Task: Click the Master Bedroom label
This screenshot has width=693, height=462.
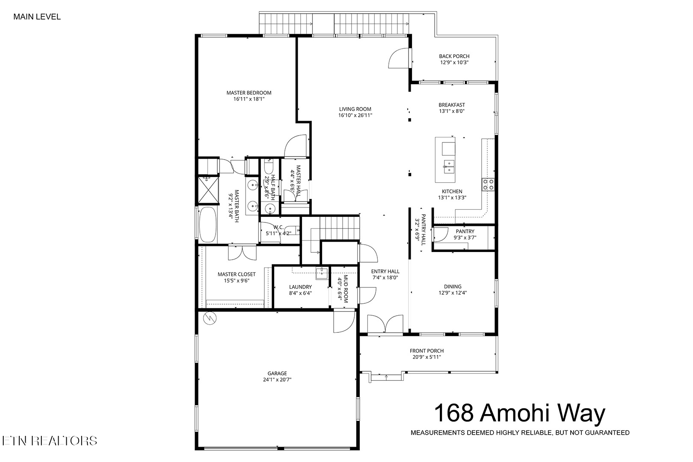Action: (x=249, y=93)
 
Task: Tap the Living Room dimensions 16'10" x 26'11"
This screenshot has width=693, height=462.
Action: (x=355, y=115)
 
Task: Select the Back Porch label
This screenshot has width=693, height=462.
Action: (x=454, y=56)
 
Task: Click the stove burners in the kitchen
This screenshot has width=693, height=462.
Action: (x=489, y=184)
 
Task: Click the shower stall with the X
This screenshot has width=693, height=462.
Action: (x=207, y=189)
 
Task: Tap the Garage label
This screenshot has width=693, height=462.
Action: (x=278, y=373)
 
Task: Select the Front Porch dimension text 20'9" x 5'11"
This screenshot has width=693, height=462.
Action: (x=426, y=357)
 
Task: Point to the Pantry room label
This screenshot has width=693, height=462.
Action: (x=465, y=231)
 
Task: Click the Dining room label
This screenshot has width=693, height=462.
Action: (x=453, y=287)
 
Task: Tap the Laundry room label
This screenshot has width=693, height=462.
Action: (x=300, y=287)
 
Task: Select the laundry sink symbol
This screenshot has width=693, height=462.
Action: (x=322, y=272)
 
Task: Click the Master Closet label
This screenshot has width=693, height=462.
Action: (x=237, y=274)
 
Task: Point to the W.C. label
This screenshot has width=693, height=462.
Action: (x=278, y=227)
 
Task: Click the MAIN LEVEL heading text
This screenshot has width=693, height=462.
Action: (x=37, y=17)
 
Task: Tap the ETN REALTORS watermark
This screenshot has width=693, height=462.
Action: (x=49, y=441)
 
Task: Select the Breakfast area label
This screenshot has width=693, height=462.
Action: (x=451, y=105)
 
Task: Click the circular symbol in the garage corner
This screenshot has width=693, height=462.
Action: (x=210, y=318)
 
